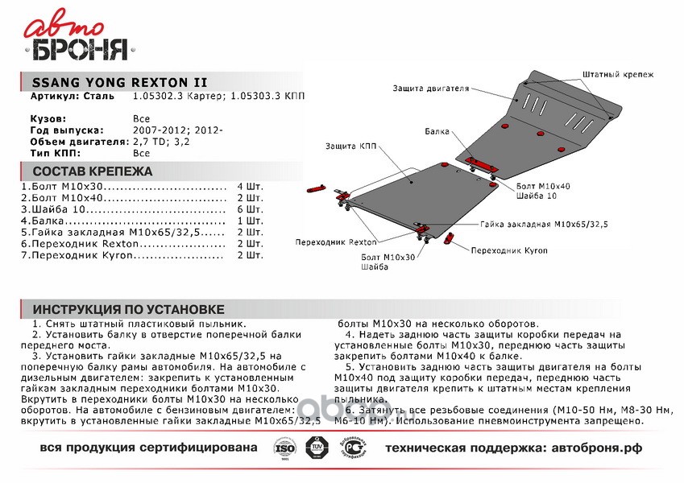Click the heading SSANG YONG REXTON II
click(x=118, y=82)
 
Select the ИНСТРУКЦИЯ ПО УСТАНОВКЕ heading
click(x=128, y=310)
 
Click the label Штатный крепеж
click(x=616, y=74)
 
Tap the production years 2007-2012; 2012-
click(x=178, y=129)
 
